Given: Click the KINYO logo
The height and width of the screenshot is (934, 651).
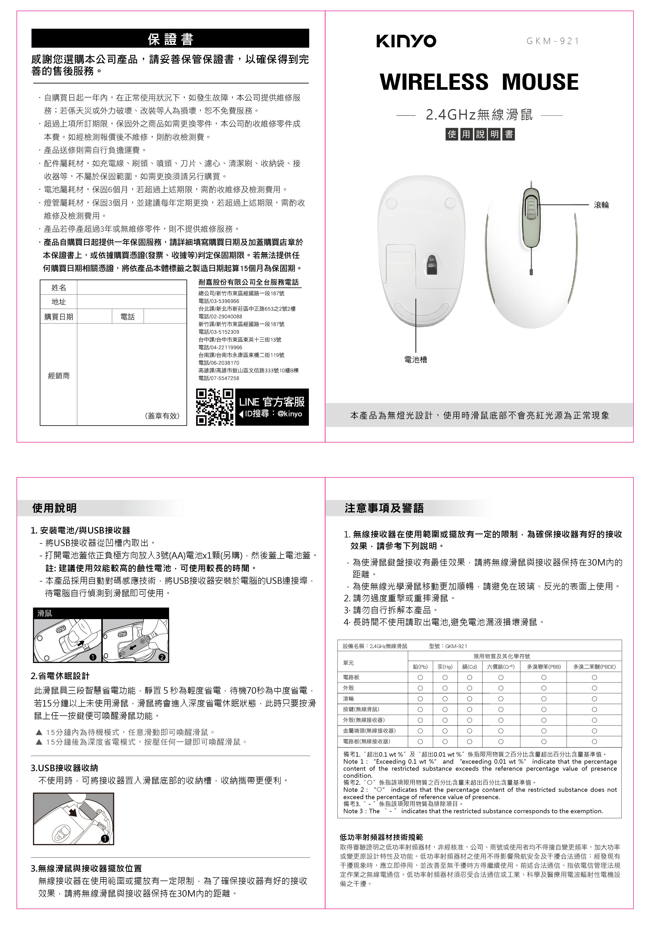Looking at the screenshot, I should coord(406,41).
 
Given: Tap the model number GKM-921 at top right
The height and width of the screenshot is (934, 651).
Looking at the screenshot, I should coord(553,41).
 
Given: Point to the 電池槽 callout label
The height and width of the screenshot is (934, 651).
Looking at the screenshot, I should coord(415,360).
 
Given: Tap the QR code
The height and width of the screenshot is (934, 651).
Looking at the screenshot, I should coord(214,407).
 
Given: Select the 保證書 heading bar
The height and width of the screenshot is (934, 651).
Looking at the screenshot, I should coord(170,39).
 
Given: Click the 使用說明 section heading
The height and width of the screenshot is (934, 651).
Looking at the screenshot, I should coord(55,508).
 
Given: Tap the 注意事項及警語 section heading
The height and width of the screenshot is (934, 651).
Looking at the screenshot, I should coord(384,508).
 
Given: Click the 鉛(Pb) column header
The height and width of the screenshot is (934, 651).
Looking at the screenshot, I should coord(420,667).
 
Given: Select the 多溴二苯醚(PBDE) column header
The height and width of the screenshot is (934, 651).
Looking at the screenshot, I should coord(594,667).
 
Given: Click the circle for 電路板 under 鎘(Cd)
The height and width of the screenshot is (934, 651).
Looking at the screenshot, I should coord(469,677).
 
